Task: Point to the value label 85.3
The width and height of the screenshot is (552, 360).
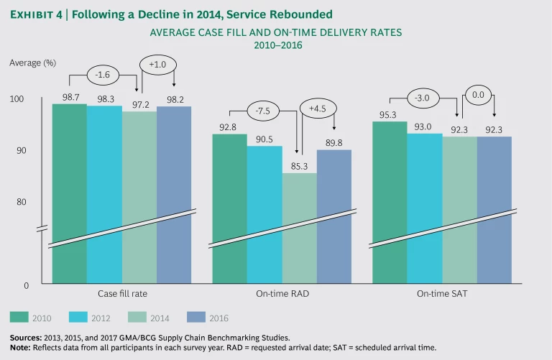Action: pyautogui.click(x=300, y=165)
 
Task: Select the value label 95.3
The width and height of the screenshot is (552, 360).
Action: pyautogui.click(x=389, y=114)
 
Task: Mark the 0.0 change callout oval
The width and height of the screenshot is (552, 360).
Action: pyautogui.click(x=476, y=93)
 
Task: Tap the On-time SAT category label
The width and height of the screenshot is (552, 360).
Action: pyautogui.click(x=441, y=295)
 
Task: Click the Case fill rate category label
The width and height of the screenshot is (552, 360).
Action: pyautogui.click(x=122, y=295)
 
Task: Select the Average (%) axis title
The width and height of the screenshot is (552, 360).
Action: pyautogui.click(x=33, y=63)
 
